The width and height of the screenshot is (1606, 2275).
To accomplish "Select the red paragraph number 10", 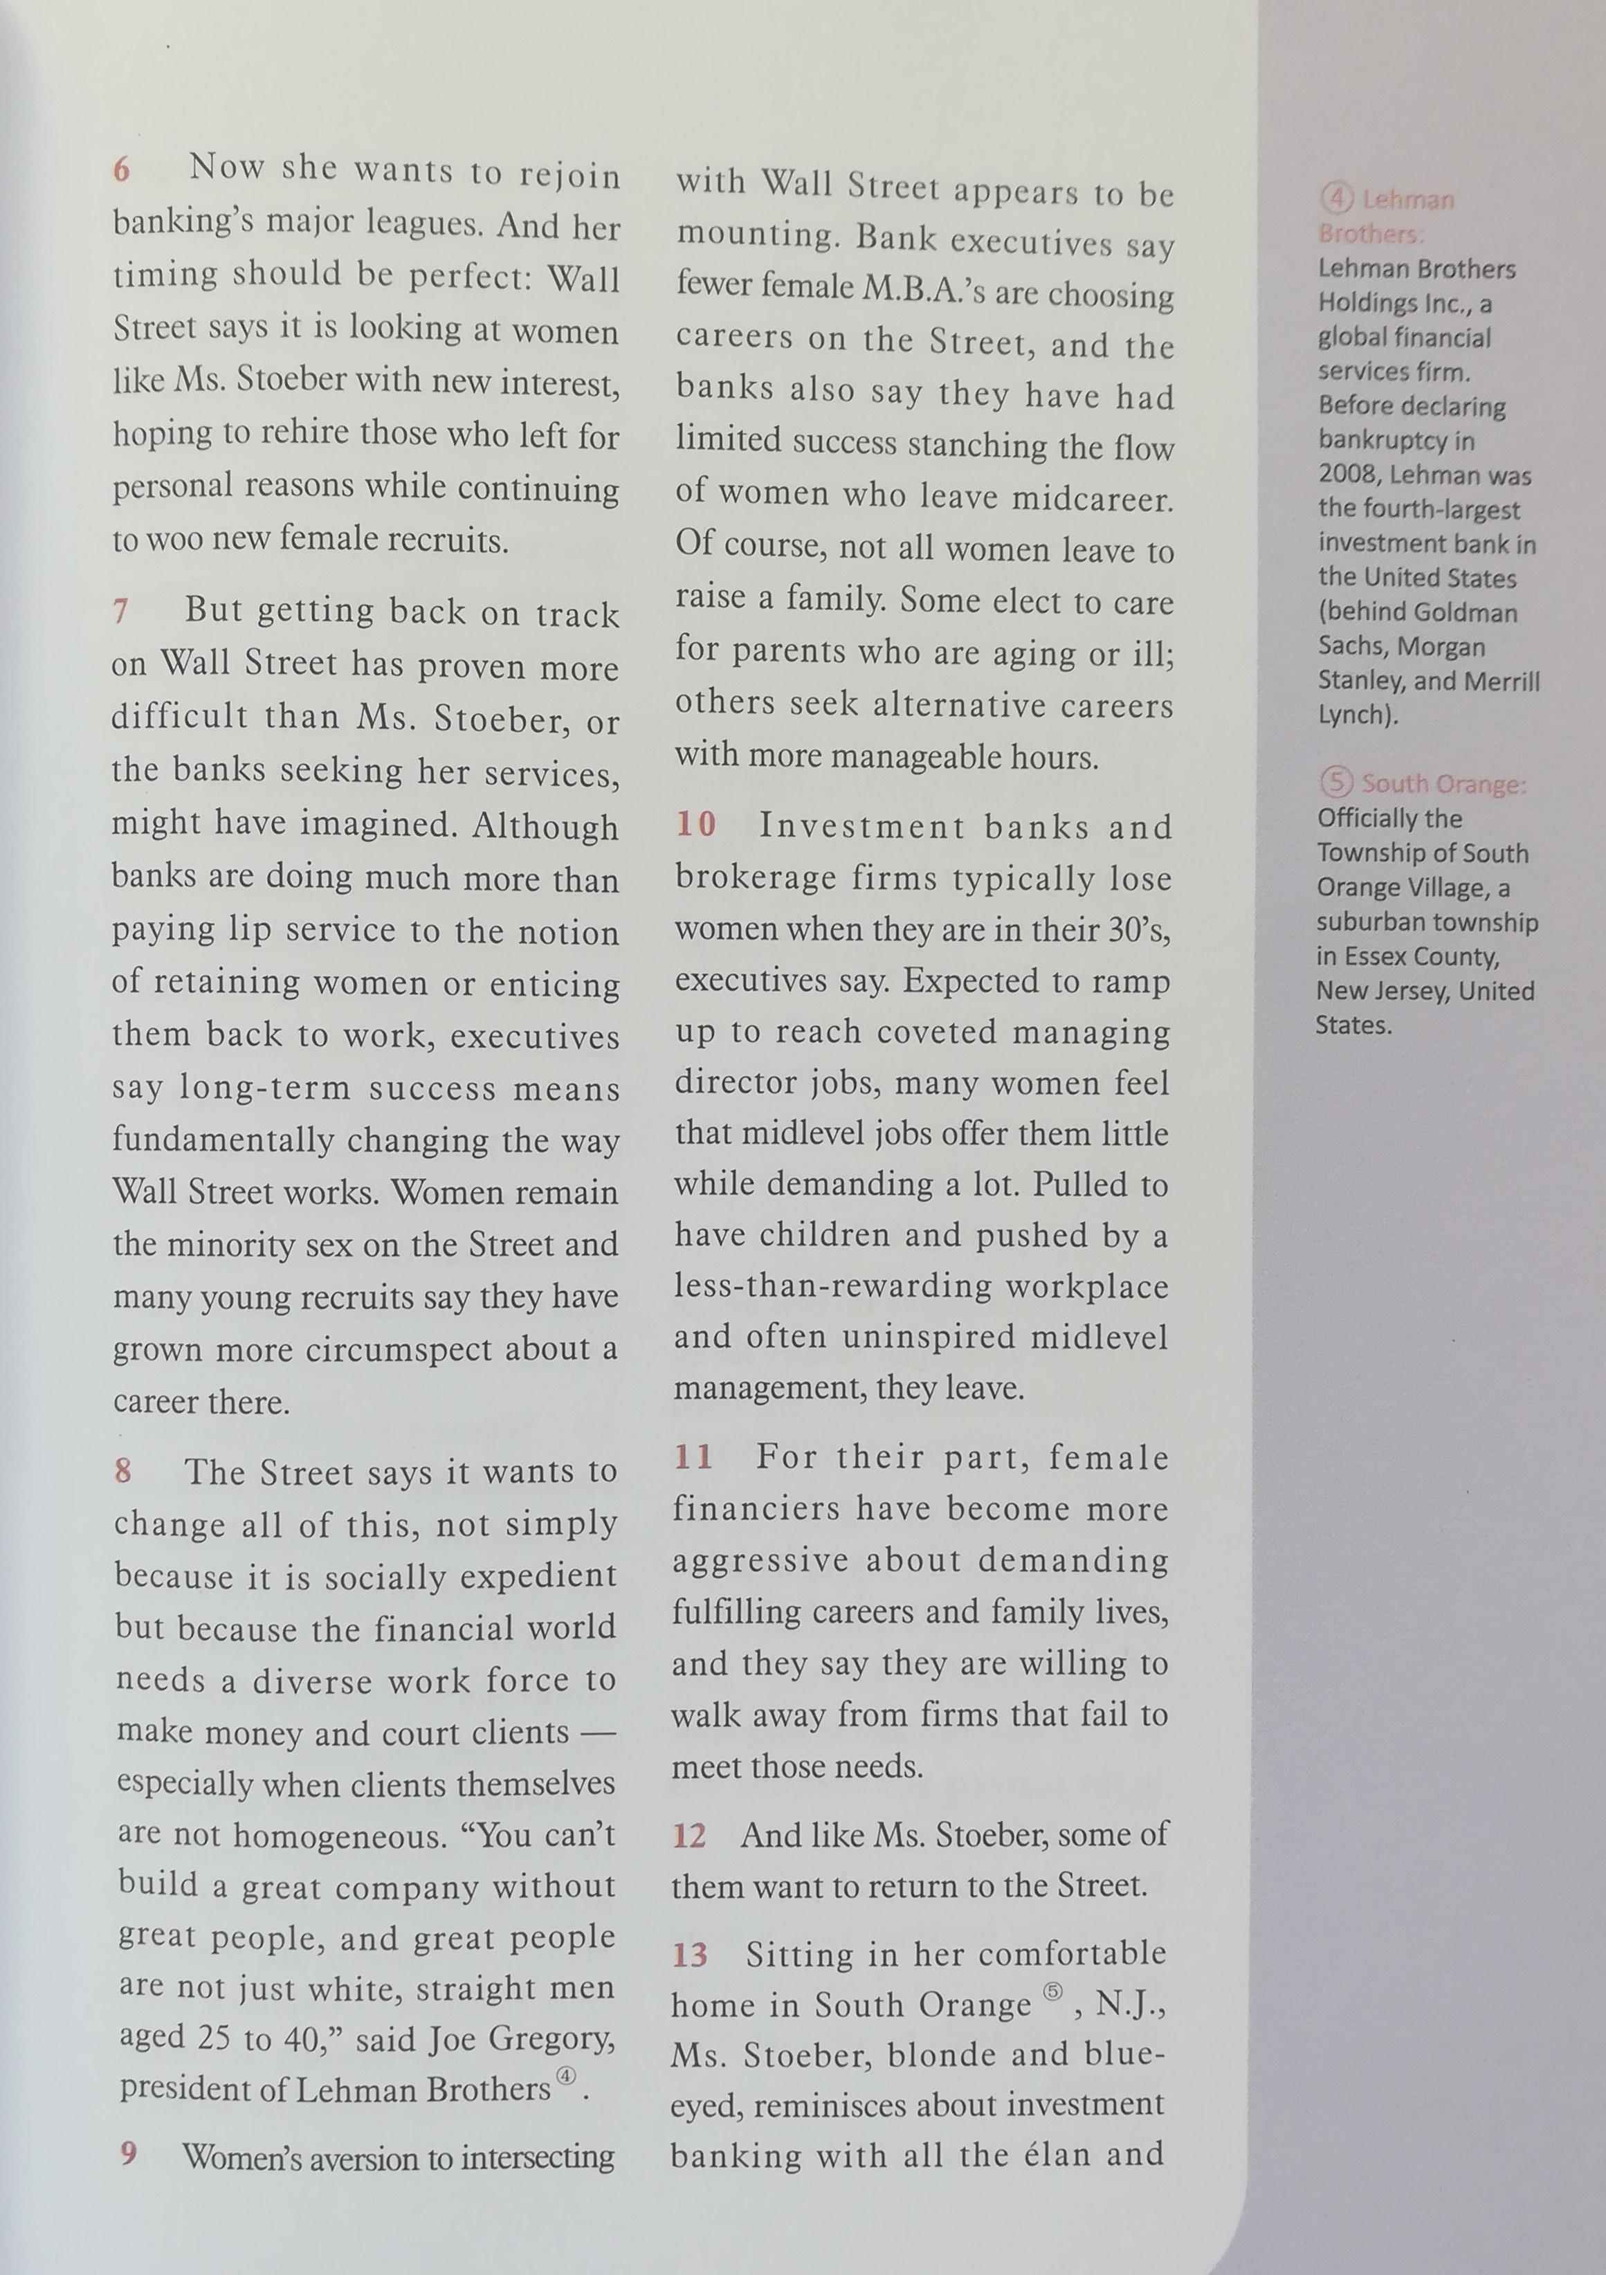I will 695,823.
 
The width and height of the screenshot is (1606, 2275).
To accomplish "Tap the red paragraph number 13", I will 690,1955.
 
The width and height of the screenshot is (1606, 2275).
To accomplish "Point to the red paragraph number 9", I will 128,2152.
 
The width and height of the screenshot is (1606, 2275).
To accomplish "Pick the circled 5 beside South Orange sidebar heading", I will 1335,783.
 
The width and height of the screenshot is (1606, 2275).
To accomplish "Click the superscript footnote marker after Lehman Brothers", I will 566,2076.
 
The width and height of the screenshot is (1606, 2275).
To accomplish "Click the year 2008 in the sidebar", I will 1347,475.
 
